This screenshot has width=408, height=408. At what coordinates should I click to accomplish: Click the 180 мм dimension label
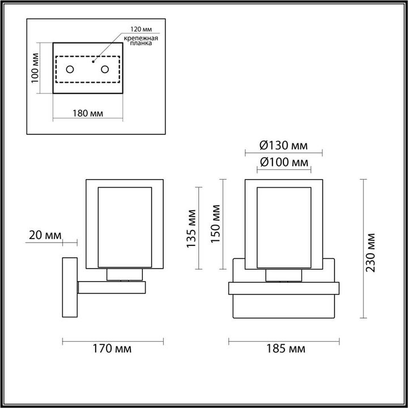point(88,113)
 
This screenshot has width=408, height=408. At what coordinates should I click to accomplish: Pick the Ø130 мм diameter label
point(283,146)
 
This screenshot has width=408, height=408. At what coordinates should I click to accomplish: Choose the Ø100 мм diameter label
point(283,162)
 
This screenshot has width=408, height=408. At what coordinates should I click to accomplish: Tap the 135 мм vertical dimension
point(192,228)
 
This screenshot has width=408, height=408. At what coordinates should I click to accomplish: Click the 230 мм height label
point(371,252)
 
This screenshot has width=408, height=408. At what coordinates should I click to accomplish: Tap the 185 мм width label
point(283,348)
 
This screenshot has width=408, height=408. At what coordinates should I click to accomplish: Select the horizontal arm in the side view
point(111,287)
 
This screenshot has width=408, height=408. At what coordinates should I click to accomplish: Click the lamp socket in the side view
point(125,275)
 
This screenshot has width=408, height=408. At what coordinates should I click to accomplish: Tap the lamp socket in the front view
point(283,275)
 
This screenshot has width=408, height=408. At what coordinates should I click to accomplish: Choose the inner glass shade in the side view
point(125,227)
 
